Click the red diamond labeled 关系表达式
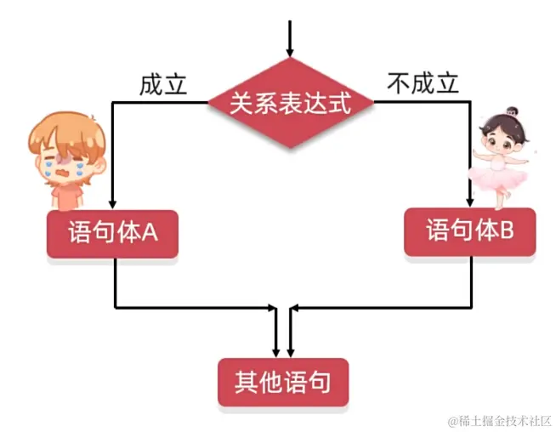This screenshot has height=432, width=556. (291, 104)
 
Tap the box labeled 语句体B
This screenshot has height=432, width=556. (469, 231)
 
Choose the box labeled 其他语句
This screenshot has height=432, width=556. (283, 383)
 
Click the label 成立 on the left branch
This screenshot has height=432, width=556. (163, 85)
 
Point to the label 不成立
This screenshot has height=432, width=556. (423, 83)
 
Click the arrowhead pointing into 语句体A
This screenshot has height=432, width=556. (113, 204)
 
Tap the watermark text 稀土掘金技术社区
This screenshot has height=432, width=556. (500, 421)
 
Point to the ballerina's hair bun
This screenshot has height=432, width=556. (511, 111)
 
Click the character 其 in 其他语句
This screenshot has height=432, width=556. (247, 383)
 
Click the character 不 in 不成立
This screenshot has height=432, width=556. (399, 83)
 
